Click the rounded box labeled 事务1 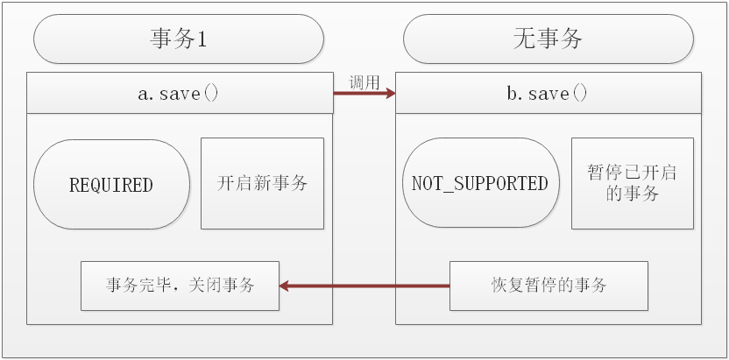180,39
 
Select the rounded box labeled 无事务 549,39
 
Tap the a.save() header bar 180,94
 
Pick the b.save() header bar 549,94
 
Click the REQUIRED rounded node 111,185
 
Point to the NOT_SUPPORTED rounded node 480,184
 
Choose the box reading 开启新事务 262,183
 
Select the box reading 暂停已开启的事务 633,183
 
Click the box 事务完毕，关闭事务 180,286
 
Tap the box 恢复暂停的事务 549,286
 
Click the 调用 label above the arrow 364,82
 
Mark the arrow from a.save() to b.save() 364,94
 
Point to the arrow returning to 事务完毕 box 364,286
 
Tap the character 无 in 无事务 524,39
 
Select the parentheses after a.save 211,94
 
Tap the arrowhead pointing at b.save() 389,94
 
